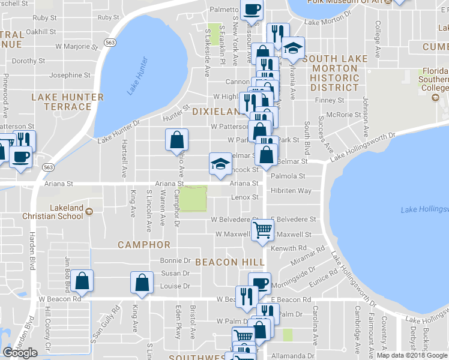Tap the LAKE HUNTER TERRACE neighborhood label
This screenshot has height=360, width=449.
[67, 102]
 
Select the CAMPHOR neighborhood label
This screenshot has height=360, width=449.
[144, 245]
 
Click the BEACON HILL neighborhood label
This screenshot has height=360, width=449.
[230, 262]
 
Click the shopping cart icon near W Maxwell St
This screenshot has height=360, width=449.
[262, 230]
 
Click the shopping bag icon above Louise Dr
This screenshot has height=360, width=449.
[142, 283]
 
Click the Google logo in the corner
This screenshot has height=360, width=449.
[20, 353]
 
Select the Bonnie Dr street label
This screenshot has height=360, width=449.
[175, 260]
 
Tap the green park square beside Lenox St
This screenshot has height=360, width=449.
[194, 199]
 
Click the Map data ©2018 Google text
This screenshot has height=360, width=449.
[412, 355]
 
